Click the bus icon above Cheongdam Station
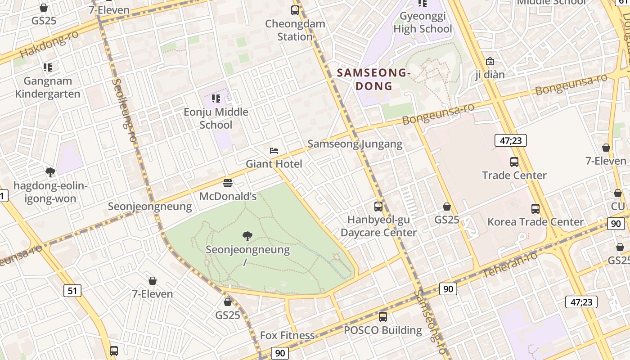tap(295, 10)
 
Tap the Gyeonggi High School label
tap(423, 22)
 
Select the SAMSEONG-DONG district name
tap(373, 79)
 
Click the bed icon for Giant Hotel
tap(274, 150)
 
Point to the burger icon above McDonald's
tap(228, 183)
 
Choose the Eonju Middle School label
tap(216, 118)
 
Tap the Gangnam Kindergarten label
tap(48, 87)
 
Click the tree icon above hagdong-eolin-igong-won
tap(50, 172)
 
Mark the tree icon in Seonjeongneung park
tap(247, 236)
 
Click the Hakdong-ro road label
tap(49, 44)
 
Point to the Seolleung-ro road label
tap(124, 110)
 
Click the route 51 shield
tap(72, 291)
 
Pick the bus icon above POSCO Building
tap(383, 317)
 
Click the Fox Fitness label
tap(288, 335)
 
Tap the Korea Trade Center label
tap(535, 222)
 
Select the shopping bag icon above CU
tap(618, 193)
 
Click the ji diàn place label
tap(490, 74)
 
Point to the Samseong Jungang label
tap(355, 144)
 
